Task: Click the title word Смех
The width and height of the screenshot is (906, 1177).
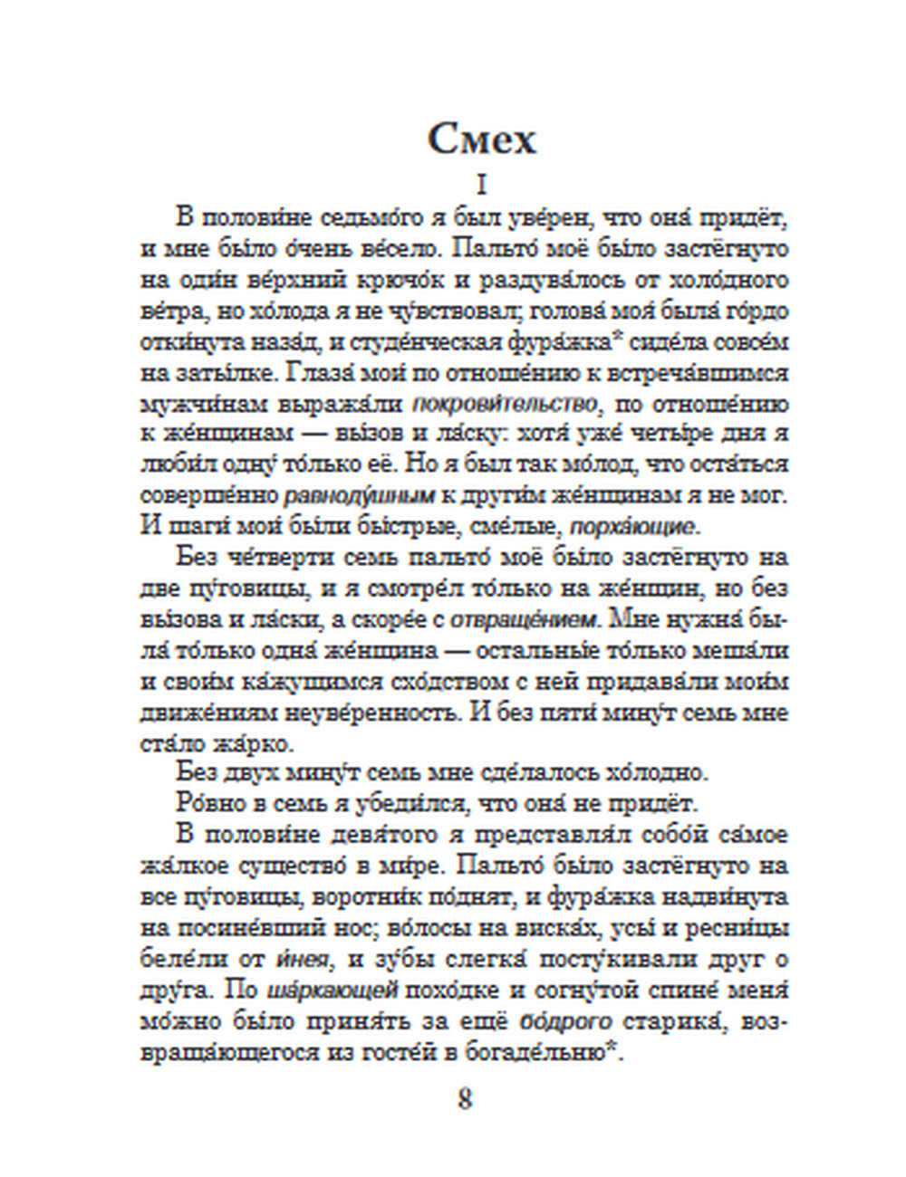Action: tap(482, 139)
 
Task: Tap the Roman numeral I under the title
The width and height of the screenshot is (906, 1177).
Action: tap(481, 186)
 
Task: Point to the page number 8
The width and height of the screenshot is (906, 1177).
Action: tap(465, 1099)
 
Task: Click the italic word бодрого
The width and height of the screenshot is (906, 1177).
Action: tap(566, 1020)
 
